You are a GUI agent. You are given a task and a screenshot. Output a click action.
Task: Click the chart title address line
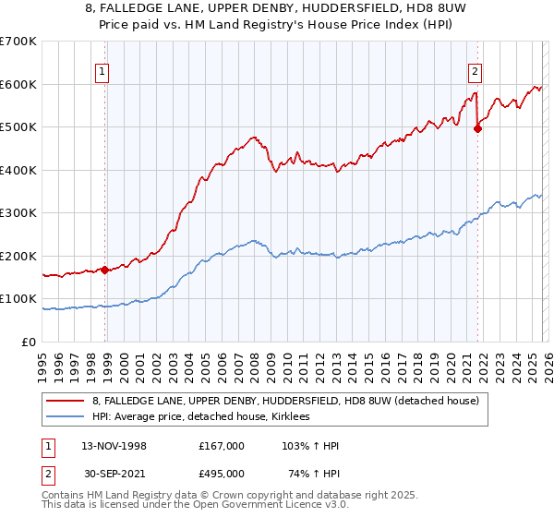pos(277,9)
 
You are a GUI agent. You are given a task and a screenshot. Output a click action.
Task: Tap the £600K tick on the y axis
pos(18,84)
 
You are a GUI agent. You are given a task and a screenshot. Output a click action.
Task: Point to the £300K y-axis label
pos(18,213)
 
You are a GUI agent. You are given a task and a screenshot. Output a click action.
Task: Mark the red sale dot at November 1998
pos(105,270)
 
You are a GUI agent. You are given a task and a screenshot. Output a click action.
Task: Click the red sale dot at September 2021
pos(477,129)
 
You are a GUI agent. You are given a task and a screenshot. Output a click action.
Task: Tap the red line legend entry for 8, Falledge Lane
pos(284,401)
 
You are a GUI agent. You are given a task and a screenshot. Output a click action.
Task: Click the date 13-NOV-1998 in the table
pos(114,446)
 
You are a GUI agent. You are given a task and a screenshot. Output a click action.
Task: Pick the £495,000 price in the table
pos(222,474)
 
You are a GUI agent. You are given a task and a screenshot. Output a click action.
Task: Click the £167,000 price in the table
pos(222,446)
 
